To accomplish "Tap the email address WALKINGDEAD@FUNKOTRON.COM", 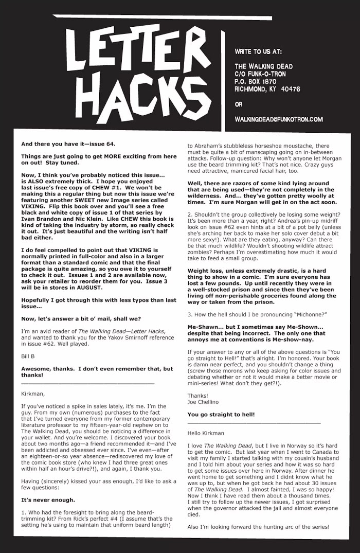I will pyautogui.click(x=278, y=119).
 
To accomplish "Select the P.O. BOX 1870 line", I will pyautogui.click(x=256, y=81).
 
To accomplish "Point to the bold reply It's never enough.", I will pyautogui.click(x=48, y=500).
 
